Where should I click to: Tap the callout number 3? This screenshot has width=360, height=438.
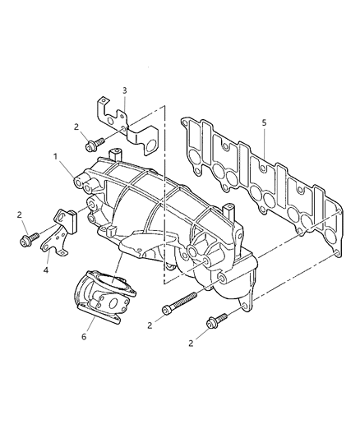[123, 90]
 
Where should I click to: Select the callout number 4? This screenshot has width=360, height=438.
[46, 270]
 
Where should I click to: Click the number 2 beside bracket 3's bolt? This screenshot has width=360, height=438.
[76, 127]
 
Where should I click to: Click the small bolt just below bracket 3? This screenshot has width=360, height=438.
[92, 145]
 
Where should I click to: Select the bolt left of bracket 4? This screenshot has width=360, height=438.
[26, 240]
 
